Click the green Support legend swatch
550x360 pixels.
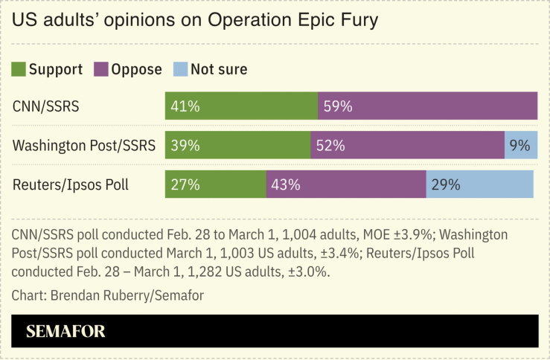[x=19, y=70]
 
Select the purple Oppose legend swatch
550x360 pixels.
[x=100, y=70]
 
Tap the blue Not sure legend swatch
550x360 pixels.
[x=179, y=70]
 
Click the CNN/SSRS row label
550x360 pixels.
[x=46, y=107]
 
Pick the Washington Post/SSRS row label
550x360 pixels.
[x=83, y=146]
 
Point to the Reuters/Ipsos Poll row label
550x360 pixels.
[x=71, y=184]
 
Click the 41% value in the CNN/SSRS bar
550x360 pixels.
[x=185, y=107]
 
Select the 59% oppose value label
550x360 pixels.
[x=337, y=107]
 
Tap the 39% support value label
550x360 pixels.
[x=185, y=146]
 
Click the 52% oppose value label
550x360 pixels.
[x=330, y=146]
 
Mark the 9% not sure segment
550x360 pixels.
[x=521, y=146]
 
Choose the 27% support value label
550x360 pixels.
[x=185, y=184]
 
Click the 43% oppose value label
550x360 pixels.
[x=286, y=184]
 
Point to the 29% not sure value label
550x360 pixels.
[x=446, y=184]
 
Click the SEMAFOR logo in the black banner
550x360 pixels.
[x=65, y=332]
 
